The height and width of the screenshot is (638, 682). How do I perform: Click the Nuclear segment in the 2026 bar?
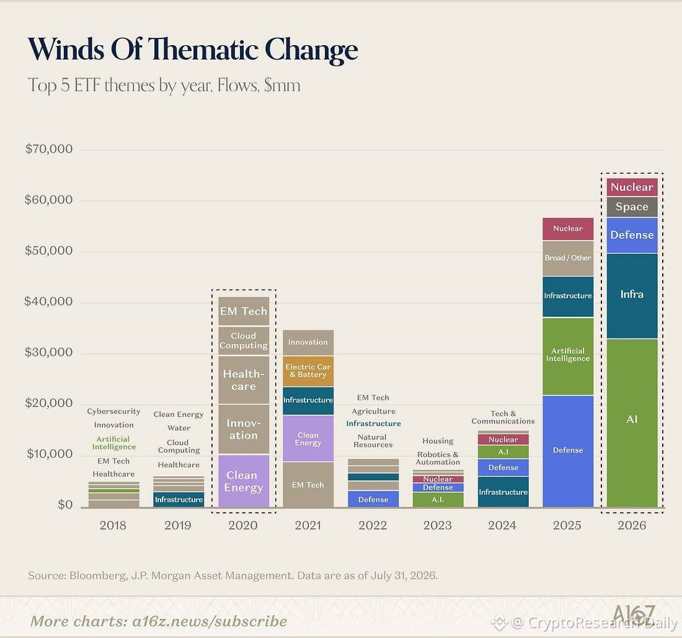coord(632,187)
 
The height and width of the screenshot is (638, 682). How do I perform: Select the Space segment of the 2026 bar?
coord(632,206)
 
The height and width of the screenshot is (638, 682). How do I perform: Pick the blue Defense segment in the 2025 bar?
coord(568,451)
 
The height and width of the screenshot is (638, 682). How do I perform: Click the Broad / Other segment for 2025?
coord(568,259)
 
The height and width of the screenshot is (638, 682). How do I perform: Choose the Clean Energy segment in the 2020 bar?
coord(244,481)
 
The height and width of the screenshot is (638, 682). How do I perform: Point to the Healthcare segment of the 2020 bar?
coord(244,380)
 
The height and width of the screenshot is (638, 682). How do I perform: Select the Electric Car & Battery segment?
coord(308,371)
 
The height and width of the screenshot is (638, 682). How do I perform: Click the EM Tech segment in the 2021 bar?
coord(308,484)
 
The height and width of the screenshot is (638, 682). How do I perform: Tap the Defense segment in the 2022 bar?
coord(373,499)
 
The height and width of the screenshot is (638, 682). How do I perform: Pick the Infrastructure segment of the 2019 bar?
coord(179,499)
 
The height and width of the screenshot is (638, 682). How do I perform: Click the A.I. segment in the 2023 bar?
coord(438,500)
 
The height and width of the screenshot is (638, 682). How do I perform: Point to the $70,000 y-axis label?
coord(49,149)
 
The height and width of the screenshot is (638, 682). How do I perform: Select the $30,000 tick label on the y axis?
coord(49,352)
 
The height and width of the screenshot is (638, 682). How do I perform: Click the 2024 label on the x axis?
coord(502,525)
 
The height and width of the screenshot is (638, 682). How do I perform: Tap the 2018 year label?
coord(113,525)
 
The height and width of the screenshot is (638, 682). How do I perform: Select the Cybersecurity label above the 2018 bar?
coord(113,412)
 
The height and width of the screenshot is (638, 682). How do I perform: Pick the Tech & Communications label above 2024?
coord(503,417)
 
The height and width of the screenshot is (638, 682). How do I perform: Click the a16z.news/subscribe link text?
coord(210,621)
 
